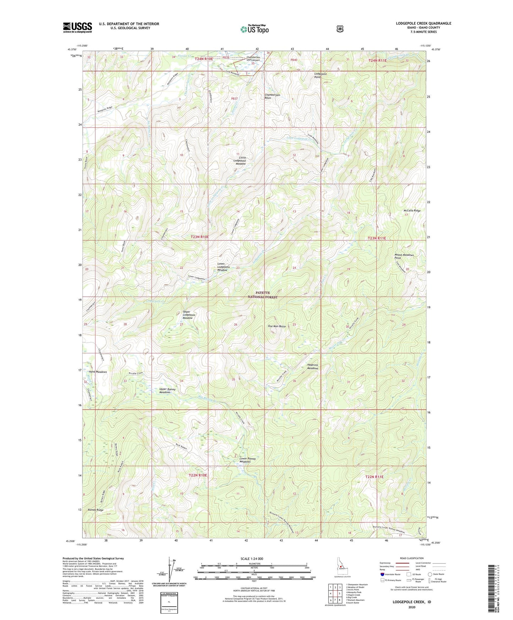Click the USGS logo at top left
point(77,27)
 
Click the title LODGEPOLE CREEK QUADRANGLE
point(424,23)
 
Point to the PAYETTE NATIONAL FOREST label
point(263,295)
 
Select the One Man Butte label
point(277,326)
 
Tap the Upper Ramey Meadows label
point(167,391)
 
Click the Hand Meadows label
point(98,372)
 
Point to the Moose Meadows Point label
point(404,256)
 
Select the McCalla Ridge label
point(412,211)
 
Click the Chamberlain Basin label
point(273,96)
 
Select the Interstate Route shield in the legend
point(382,574)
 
